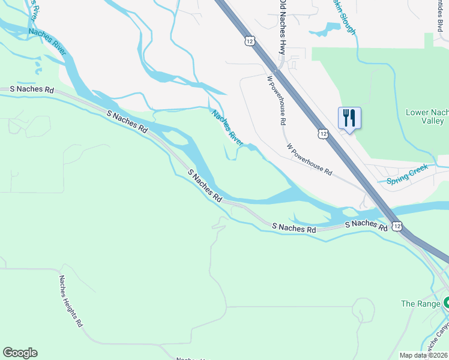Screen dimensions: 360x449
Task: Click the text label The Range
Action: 420,304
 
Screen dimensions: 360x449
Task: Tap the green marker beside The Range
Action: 446,303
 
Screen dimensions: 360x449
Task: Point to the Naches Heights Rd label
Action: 70,301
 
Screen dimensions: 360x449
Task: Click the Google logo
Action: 20,353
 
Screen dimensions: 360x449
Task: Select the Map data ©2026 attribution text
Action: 423,355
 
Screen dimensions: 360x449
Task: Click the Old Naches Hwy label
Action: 282,27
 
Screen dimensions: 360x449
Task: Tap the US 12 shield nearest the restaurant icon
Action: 324,133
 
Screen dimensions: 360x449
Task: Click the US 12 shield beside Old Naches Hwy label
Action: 250,40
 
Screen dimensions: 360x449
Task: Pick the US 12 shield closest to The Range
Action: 397,225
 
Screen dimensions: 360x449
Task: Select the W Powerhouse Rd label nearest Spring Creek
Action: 309,159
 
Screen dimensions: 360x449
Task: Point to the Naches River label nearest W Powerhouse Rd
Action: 227,127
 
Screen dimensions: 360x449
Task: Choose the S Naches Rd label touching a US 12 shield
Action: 366,225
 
